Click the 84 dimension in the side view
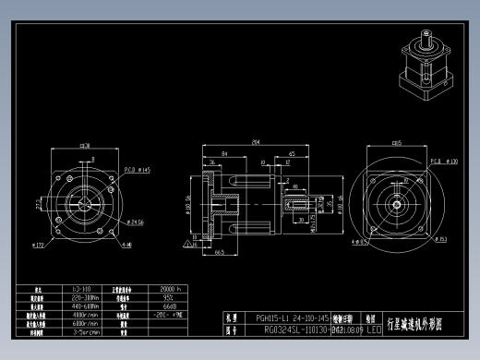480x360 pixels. (x=224, y=153)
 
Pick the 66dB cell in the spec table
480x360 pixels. (x=169, y=306)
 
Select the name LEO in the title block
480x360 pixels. (x=373, y=329)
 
